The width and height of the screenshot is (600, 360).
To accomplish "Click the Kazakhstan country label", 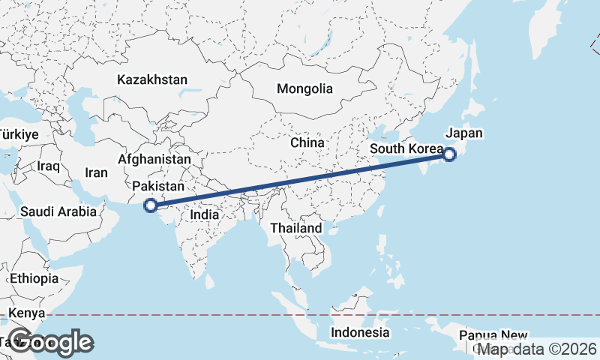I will click(x=152, y=79).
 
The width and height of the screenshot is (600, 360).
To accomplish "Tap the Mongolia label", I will click(x=304, y=88).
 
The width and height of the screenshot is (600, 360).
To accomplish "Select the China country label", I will click(x=307, y=142).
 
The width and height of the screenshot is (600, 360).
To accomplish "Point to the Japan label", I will click(x=464, y=133).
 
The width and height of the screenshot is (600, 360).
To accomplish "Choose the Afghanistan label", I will click(x=154, y=160).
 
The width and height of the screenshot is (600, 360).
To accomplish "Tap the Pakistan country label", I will click(x=158, y=187).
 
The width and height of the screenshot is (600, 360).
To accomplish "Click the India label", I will click(x=204, y=214).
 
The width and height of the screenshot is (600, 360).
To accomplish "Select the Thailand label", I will click(x=296, y=228).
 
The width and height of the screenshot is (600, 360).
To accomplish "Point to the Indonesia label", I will click(x=361, y=332).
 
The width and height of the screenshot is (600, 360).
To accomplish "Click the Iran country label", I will click(x=96, y=172).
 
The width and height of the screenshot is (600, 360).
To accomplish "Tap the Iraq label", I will click(x=47, y=165).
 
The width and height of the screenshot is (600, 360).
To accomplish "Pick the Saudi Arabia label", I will click(x=58, y=211).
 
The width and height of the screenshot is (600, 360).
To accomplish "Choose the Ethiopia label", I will click(x=34, y=278).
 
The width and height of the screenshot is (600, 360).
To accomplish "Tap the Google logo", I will click(x=51, y=342).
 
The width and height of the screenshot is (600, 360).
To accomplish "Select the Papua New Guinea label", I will click(x=493, y=335).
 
